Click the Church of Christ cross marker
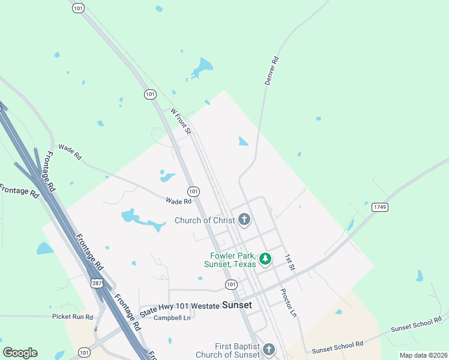(244, 220)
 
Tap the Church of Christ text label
(205, 220)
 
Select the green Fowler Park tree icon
(265, 259)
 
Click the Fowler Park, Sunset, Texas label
(230, 260)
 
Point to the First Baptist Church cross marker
(268, 349)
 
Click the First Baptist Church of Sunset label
(237, 350)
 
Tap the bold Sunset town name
(237, 305)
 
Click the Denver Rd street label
(271, 71)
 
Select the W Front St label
(180, 120)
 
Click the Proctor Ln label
(289, 302)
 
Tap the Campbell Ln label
(172, 317)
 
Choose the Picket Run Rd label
(73, 316)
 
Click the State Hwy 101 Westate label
(179, 308)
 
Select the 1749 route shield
(380, 207)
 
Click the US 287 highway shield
(96, 283)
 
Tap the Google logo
(20, 353)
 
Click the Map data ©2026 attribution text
(423, 355)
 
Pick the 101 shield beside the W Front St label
(150, 94)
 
